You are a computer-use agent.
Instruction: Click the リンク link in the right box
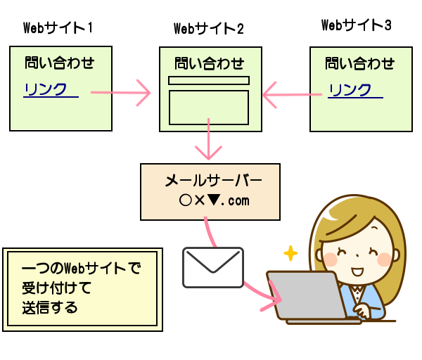pos(350,89)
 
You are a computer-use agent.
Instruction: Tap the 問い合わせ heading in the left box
pos(60,63)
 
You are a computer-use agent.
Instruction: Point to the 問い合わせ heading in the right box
pos(360,63)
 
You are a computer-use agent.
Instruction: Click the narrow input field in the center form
pos(209,80)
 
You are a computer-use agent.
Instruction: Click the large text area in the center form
pos(209,108)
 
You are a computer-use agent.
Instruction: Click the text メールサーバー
pos(213,181)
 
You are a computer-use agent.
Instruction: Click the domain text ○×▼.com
pos(214,200)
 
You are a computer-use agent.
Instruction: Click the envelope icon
pos(213,267)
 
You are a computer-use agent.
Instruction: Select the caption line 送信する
pos(49,307)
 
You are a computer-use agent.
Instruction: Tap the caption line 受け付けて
pos(56,288)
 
